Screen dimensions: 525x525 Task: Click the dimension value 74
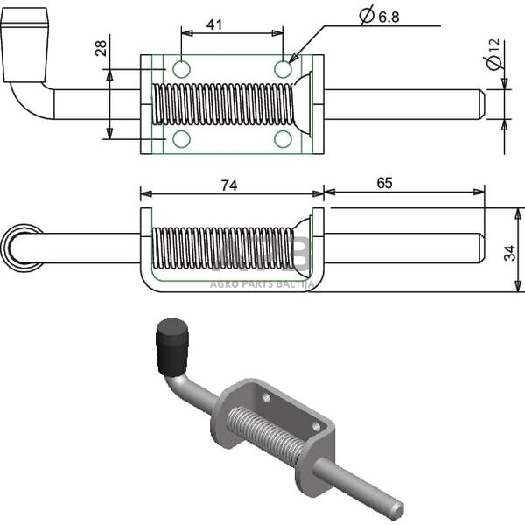229,185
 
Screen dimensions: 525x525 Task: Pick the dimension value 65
385,183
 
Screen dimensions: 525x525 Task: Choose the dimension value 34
511,252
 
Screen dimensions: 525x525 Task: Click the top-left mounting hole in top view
182,69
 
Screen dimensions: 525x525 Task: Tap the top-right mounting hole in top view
283,69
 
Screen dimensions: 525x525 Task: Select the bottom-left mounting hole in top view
182,138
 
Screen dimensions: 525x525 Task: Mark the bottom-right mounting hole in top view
283,138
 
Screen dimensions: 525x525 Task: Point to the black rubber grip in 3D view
171,343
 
